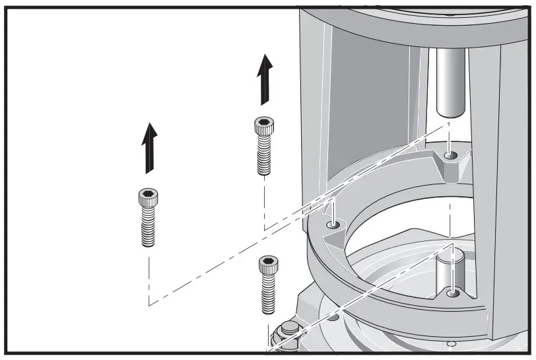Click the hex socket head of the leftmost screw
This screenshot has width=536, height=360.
(x=148, y=196)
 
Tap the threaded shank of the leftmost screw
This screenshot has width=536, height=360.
(x=149, y=226)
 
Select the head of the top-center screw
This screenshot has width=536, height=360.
(x=263, y=126)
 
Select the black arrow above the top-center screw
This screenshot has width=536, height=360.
(x=265, y=79)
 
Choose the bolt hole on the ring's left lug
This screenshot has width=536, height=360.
(x=333, y=226)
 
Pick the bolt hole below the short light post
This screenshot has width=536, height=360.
(x=452, y=292)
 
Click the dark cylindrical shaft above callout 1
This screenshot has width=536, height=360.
(x=449, y=83)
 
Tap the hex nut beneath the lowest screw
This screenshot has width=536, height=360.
(x=289, y=331)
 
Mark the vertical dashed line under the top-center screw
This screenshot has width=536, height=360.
(x=264, y=205)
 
